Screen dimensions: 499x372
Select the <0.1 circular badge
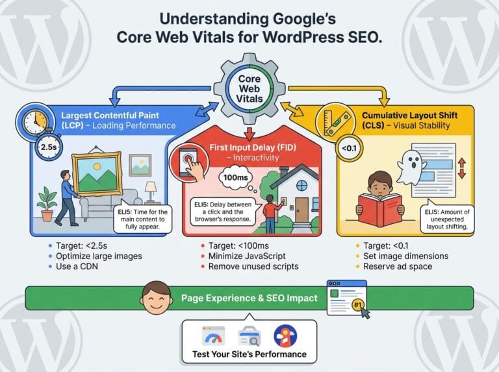point(349,148)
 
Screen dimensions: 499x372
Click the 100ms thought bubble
point(236,177)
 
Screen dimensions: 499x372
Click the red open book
point(381,210)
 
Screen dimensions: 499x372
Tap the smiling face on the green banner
point(157,298)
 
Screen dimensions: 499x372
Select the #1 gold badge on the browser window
point(358,306)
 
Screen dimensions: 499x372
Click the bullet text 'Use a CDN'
point(77,266)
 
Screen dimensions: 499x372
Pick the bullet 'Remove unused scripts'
point(253,266)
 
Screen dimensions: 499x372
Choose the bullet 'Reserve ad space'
point(398,266)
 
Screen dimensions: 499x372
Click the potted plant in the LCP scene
point(47,204)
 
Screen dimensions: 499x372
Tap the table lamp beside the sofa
point(151,192)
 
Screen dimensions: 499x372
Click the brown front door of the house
point(301,210)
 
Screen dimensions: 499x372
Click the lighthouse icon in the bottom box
point(285,336)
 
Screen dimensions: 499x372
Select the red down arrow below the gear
point(249,134)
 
